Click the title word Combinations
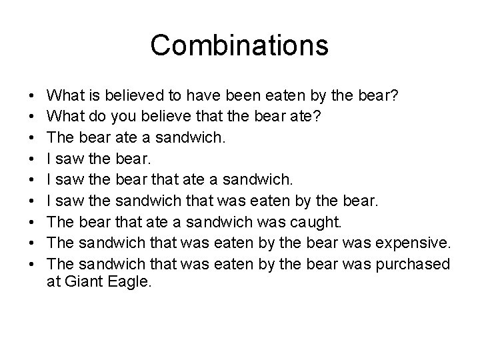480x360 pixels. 239,45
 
